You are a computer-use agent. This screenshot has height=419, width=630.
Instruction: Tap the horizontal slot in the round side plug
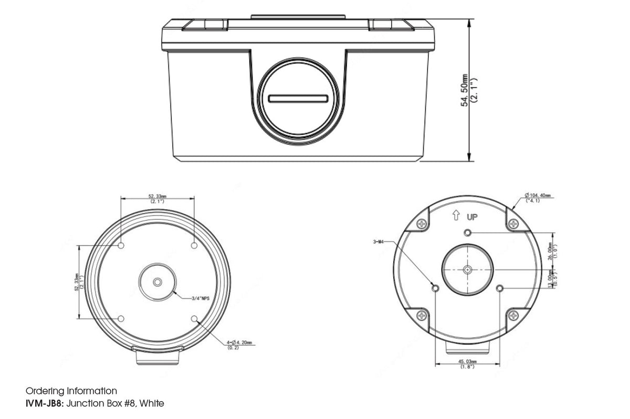click(x=298, y=99)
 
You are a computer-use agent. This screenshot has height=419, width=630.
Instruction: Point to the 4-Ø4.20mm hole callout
click(x=239, y=342)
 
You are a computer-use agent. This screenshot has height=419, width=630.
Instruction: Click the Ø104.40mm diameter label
click(x=538, y=196)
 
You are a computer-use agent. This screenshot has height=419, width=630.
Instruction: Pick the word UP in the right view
click(x=471, y=216)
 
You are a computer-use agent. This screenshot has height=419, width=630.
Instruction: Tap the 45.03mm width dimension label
click(x=467, y=361)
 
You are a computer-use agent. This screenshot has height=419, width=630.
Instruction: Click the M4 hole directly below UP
click(x=467, y=233)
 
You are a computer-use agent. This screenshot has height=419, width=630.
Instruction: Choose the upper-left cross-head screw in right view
click(x=422, y=224)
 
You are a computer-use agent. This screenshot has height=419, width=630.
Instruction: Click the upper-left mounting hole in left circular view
click(x=121, y=245)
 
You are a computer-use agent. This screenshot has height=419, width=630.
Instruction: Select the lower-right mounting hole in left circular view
click(x=194, y=318)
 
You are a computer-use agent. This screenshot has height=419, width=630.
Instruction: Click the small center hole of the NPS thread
click(x=157, y=282)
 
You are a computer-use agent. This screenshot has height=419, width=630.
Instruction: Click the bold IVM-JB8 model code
click(x=45, y=403)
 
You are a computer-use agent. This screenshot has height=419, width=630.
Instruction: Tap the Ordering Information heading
click(x=71, y=391)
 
